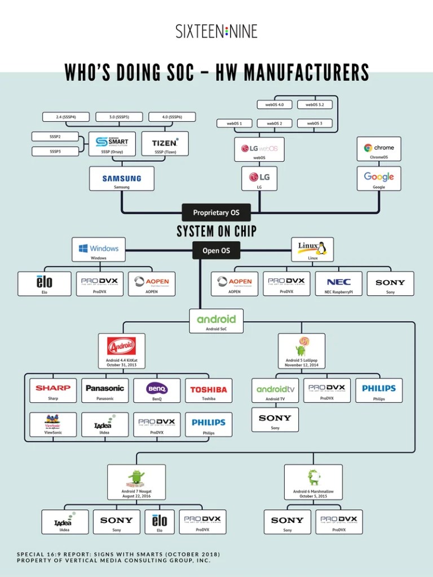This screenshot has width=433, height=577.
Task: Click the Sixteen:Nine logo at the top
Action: pyautogui.click(x=216, y=31)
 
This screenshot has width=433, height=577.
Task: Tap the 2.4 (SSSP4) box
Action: pyautogui.click(x=66, y=117)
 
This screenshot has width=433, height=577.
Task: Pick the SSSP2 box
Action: pyautogui.click(x=55, y=136)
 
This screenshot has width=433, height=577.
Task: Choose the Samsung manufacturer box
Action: pyautogui.click(x=122, y=179)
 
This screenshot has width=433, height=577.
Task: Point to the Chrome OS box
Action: pyautogui.click(x=379, y=149)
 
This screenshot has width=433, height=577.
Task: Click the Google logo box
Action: pyautogui.click(x=379, y=179)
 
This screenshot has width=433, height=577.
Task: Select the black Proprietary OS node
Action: pyautogui.click(x=216, y=212)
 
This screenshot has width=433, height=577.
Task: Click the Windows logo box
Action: pyautogui.click(x=99, y=250)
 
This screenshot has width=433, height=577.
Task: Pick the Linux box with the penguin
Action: pyautogui.click(x=312, y=250)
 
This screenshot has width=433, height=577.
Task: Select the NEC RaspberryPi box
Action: pyautogui.click(x=338, y=284)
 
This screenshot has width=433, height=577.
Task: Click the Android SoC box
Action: pyautogui.click(x=216, y=321)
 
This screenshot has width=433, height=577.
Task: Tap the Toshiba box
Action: pyautogui.click(x=208, y=390)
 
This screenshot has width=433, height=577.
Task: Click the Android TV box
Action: pyautogui.click(x=275, y=390)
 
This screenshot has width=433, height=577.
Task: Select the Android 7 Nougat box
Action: pyautogui.click(x=136, y=482)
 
